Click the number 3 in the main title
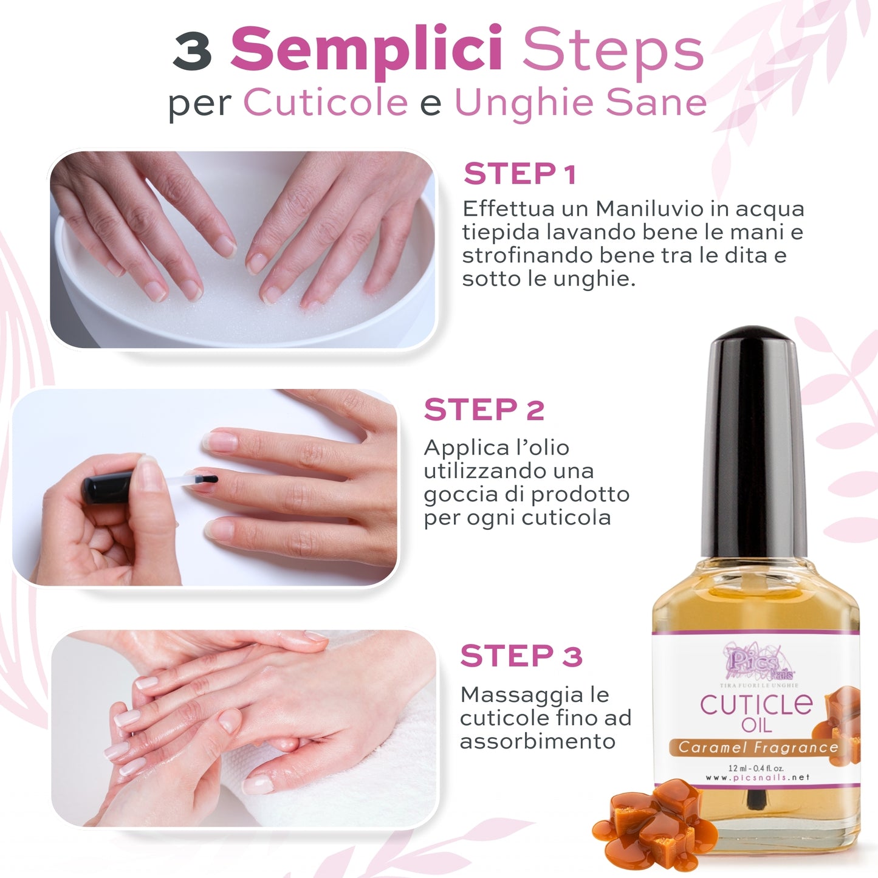coord(192,51)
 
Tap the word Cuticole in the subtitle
coord(326,102)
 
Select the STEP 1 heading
coord(520,174)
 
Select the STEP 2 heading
coord(484,410)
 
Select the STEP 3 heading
coord(521,656)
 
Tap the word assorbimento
coord(538,741)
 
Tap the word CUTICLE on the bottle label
coord(755,705)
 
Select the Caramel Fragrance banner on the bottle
coord(758,747)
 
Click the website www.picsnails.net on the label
coord(757,777)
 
